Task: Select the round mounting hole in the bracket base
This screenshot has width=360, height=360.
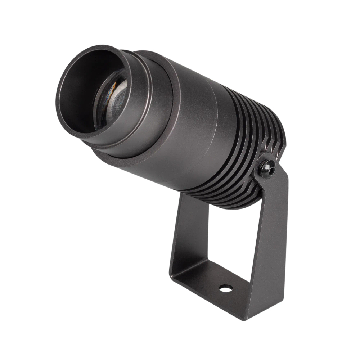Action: pos(225,288)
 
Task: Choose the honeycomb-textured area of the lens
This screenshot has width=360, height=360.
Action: pos(119,104)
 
